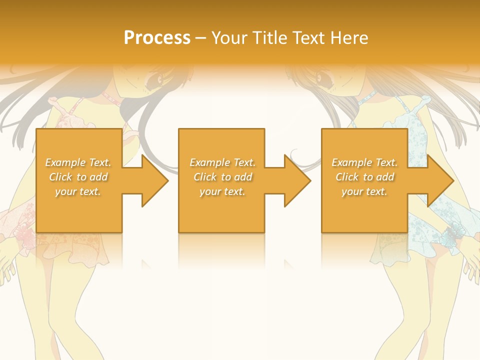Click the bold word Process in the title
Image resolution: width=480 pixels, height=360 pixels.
[x=157, y=38]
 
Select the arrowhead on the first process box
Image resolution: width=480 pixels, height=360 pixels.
[x=152, y=180]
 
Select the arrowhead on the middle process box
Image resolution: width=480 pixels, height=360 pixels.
[x=295, y=180]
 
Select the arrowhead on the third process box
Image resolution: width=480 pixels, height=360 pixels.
[x=438, y=180]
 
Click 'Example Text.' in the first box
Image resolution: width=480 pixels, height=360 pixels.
[x=78, y=162]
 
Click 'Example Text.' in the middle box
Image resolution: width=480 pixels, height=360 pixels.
[x=222, y=162]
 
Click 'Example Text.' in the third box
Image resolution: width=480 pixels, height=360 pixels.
[x=364, y=162]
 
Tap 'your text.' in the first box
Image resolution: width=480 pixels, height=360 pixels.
[x=78, y=191]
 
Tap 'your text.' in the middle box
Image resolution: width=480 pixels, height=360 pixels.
[x=222, y=191]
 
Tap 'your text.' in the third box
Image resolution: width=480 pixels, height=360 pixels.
[x=364, y=191]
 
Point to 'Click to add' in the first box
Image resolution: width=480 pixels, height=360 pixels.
[x=78, y=177]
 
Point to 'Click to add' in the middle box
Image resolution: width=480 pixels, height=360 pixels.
[x=222, y=177]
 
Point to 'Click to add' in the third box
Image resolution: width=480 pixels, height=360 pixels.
[x=364, y=177]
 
